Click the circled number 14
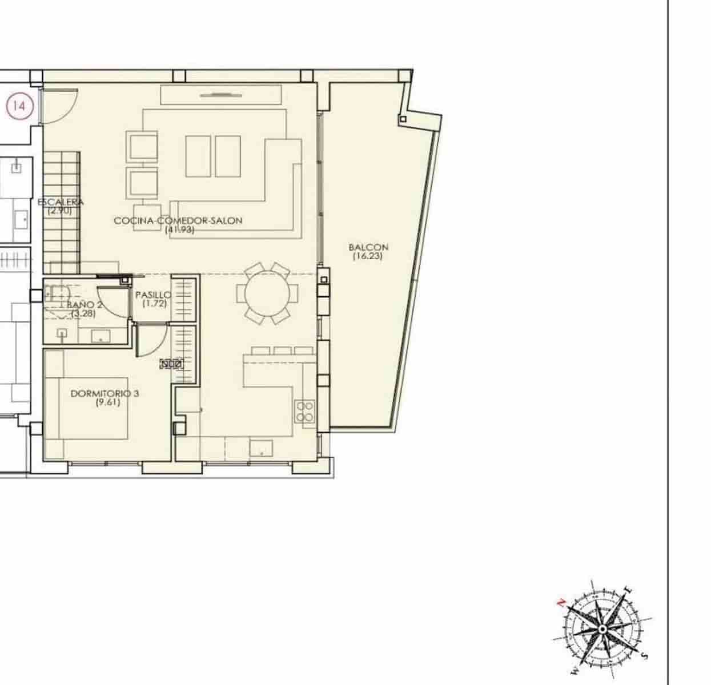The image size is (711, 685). [x=20, y=106]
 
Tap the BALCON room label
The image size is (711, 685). [x=368, y=247]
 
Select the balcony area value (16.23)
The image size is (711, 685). [x=368, y=256]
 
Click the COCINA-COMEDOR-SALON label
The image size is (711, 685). [x=178, y=220]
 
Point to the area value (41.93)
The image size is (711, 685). [x=179, y=229]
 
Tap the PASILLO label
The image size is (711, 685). [x=153, y=295]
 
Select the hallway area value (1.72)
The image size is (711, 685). [x=154, y=304]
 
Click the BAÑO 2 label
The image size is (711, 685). [x=85, y=305]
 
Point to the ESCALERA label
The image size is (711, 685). [x=61, y=202]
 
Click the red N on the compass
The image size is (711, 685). [x=561, y=602]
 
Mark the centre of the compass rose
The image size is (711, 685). [x=602, y=628]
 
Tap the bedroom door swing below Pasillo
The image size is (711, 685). [x=151, y=340]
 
